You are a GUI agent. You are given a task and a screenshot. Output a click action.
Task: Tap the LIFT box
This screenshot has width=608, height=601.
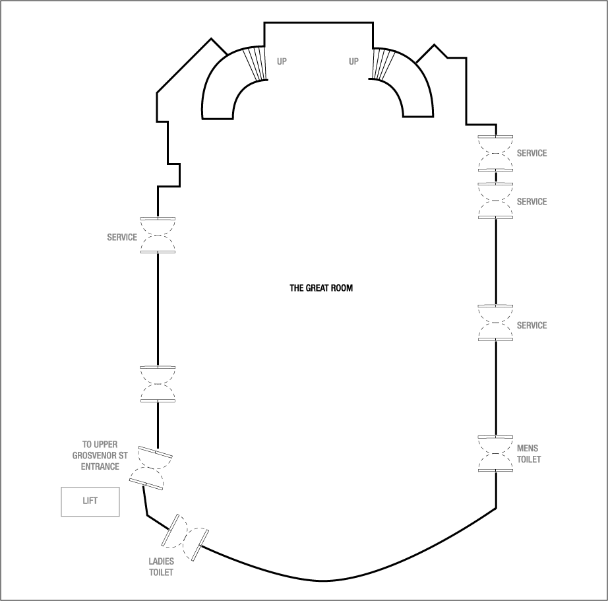tap(90, 501)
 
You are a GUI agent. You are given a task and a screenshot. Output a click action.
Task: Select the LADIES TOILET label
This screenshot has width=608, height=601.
tap(161, 567)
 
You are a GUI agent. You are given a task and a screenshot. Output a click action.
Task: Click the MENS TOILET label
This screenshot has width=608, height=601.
tap(529, 454)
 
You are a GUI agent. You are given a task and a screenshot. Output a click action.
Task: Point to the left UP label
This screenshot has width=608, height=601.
tap(282, 62)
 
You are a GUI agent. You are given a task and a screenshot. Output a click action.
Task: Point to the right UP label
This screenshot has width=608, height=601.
tap(354, 62)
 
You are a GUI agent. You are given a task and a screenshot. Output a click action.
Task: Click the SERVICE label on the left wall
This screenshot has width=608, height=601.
tap(122, 237)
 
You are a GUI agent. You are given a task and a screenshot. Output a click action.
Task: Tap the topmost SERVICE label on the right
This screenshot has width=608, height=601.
tap(532, 154)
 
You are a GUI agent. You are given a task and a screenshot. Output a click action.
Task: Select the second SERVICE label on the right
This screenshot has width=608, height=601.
tap(532, 202)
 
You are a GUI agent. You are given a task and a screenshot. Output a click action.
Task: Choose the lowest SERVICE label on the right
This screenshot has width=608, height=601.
tap(532, 326)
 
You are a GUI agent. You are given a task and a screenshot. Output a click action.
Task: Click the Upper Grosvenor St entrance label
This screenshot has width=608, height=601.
tap(96, 456)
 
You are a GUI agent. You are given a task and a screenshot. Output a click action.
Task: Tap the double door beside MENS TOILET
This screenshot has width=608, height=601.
tap(496, 454)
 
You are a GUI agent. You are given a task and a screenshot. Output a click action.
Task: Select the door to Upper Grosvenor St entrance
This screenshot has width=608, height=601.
tap(151, 468)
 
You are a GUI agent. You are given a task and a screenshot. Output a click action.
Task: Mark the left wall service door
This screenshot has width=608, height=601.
tap(158, 236)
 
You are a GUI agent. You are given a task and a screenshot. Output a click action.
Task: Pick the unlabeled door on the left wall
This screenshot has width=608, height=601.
tap(158, 384)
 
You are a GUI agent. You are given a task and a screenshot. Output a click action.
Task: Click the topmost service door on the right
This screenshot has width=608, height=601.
tap(496, 152)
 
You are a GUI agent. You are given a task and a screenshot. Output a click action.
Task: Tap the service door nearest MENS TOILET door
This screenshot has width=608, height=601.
tap(496, 323)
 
